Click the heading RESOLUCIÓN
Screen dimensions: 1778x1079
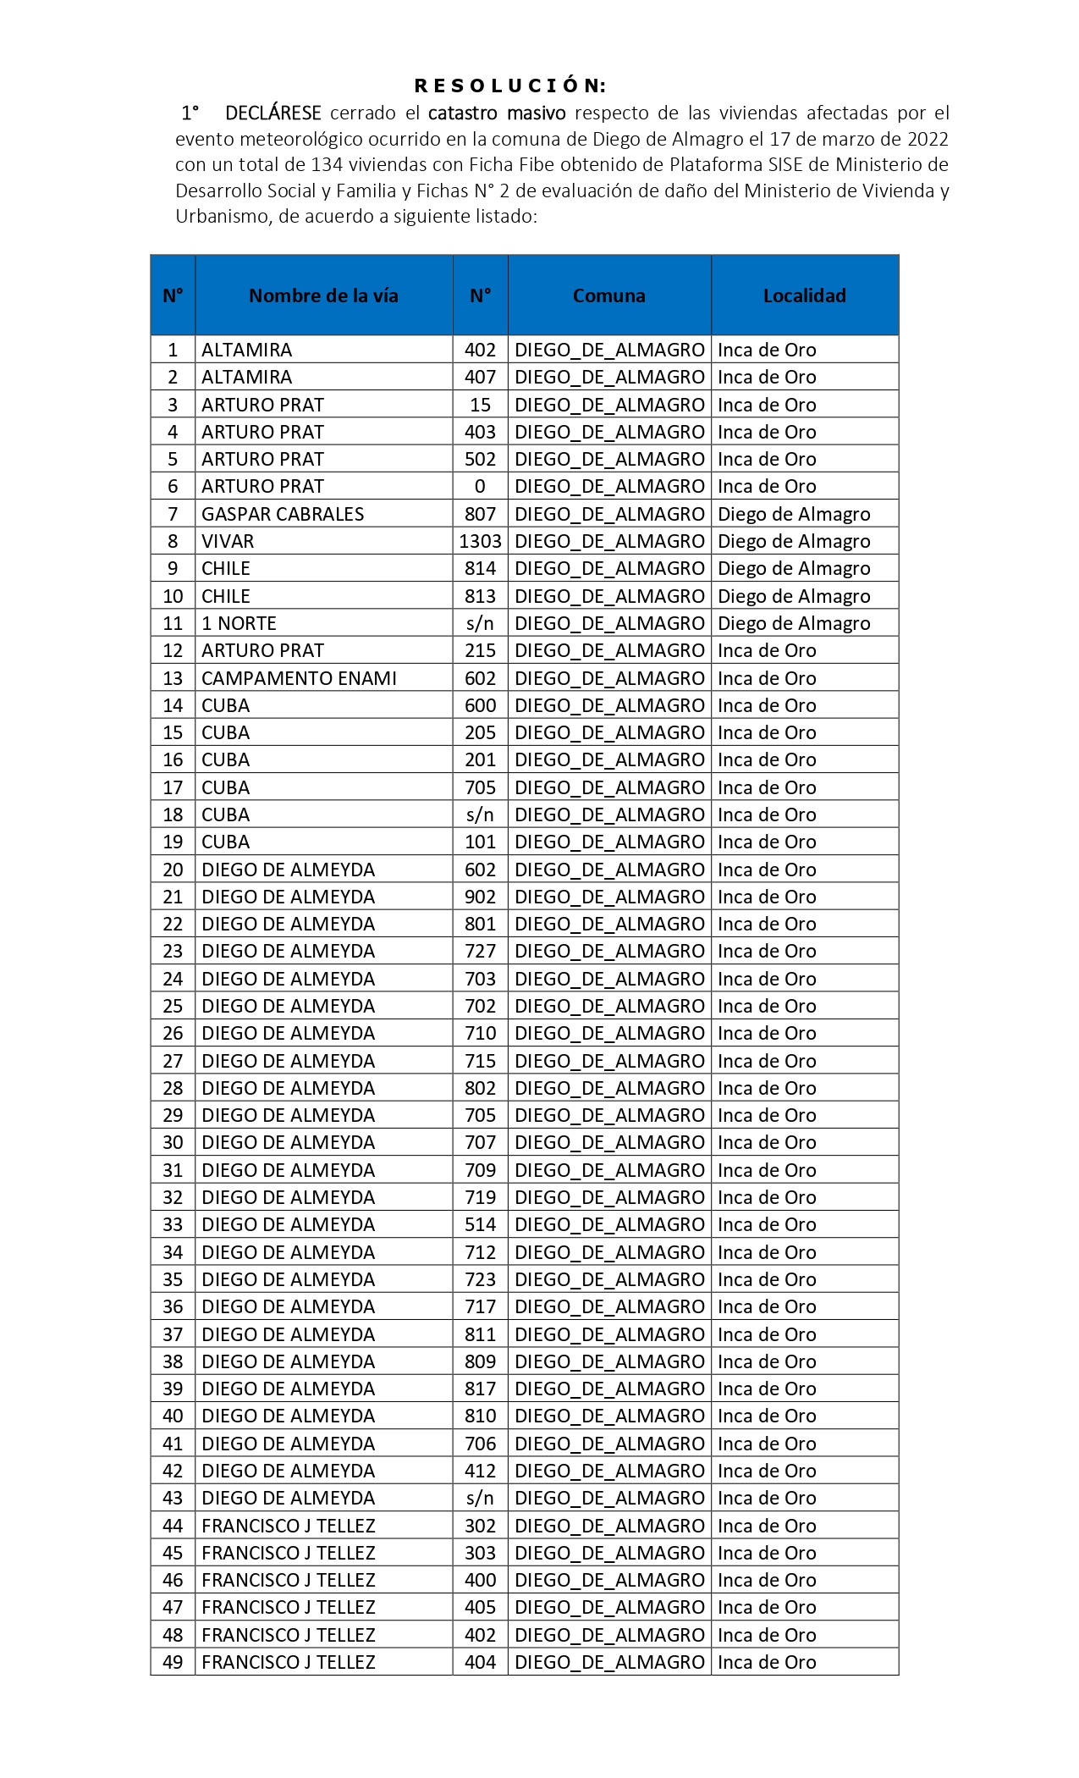pos(510,86)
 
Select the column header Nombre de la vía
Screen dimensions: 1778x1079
pos(323,295)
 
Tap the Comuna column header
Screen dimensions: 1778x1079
pos(608,295)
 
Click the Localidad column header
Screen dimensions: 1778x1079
pos(804,295)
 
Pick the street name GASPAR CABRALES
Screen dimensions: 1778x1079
pos(283,514)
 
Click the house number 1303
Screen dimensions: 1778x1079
pos(480,541)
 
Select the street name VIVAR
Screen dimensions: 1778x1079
pos(228,541)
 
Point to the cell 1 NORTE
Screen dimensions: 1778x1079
pos(239,623)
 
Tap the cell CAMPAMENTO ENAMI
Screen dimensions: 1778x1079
pos(299,678)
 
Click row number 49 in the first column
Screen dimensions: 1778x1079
pos(173,1662)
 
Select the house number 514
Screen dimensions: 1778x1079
pos(480,1224)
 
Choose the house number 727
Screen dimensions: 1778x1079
pos(480,951)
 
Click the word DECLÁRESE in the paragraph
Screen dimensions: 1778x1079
pos(273,113)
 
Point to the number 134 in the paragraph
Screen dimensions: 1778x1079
pos(326,164)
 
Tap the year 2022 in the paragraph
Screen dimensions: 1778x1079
pos(928,139)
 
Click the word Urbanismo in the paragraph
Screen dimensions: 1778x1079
pos(222,216)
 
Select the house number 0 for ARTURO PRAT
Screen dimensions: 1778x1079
pos(480,486)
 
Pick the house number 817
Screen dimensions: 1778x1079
pos(480,1389)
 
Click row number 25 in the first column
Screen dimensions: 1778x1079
pos(173,1006)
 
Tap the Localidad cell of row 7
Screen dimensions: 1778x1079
pos(794,514)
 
